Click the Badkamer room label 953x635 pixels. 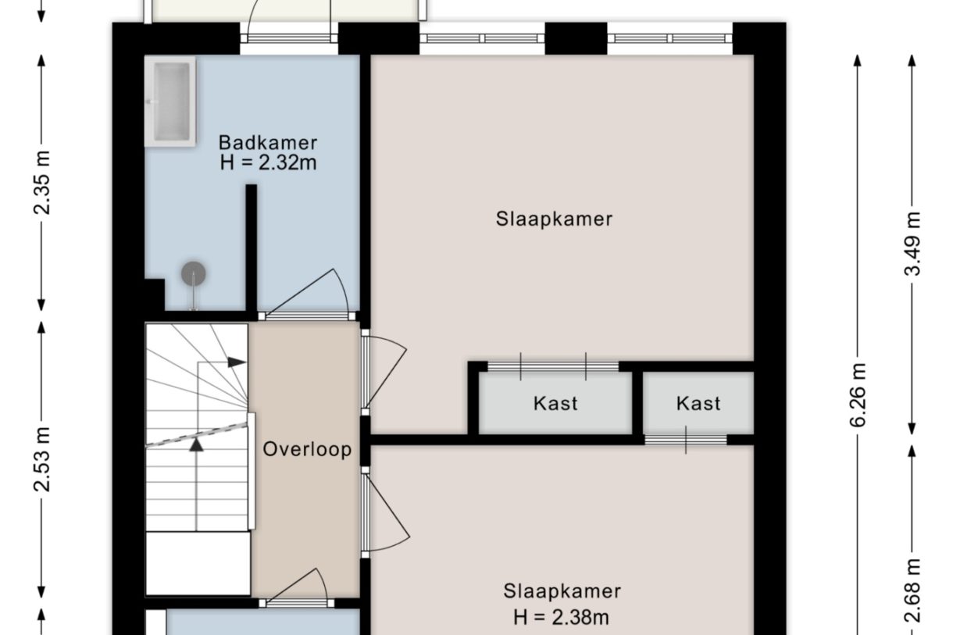268,143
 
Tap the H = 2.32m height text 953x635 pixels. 269,162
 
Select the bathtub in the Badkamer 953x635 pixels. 170,101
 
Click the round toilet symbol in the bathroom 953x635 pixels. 193,274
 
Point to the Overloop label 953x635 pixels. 306,450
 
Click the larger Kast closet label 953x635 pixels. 555,404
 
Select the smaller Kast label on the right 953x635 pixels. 698,404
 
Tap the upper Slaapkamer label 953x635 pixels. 554,219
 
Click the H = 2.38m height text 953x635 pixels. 562,617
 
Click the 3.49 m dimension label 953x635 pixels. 912,243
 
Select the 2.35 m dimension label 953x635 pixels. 42,182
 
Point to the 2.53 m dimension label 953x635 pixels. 42,458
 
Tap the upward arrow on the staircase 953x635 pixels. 196,444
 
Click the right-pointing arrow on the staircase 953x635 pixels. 236,362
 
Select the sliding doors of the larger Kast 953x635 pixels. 553,366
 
